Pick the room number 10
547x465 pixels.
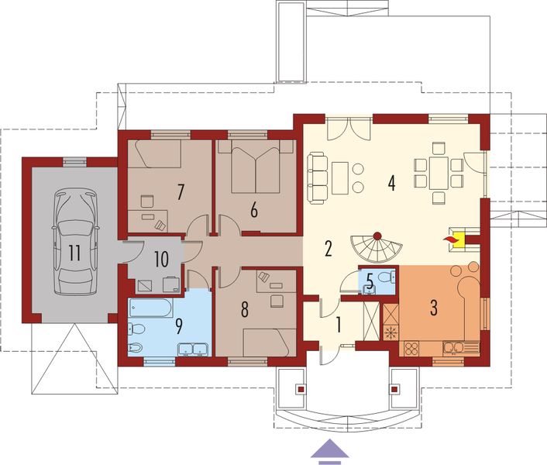[161, 258]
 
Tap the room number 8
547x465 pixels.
[245, 309]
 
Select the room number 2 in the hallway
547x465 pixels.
[329, 250]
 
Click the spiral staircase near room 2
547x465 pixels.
[376, 249]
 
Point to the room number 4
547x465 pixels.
[392, 184]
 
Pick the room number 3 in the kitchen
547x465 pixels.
[434, 306]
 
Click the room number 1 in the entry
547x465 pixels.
[337, 323]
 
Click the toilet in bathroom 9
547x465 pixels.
[136, 349]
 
